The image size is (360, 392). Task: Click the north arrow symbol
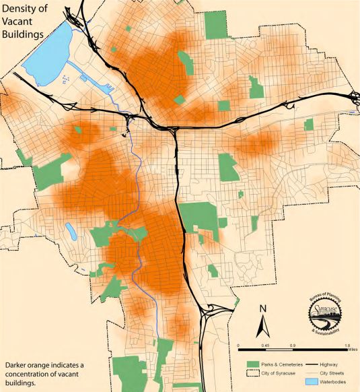(263, 323)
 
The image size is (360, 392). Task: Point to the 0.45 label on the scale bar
(266, 346)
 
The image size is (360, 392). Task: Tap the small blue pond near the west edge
(71, 232)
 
